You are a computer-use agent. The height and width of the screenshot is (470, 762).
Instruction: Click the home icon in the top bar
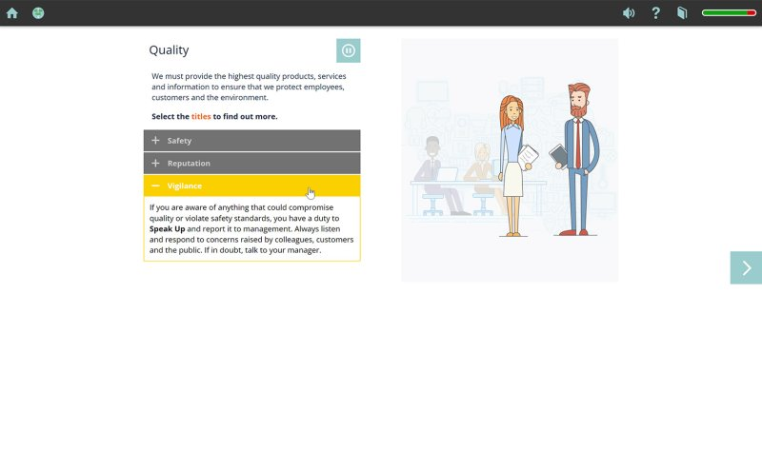[12, 13]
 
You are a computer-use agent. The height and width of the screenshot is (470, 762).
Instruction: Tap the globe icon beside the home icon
[38, 13]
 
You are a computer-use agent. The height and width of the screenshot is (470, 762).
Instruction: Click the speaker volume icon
[629, 13]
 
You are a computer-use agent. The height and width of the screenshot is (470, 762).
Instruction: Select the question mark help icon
[655, 13]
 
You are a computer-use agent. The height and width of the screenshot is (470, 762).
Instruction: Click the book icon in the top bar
[682, 13]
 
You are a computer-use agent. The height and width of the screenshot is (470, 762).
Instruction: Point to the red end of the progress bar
[752, 13]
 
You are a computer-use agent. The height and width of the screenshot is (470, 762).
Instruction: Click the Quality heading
[169, 50]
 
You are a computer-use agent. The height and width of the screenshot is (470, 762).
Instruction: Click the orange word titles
[201, 116]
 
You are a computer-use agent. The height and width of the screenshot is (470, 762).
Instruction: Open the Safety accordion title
[179, 141]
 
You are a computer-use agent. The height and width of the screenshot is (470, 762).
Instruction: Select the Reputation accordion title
[189, 163]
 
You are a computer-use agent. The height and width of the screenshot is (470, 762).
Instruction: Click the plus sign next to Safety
[155, 140]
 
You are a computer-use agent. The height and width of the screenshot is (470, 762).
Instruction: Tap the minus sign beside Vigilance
[155, 186]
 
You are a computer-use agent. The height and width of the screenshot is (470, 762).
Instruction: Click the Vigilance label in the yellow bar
[184, 186]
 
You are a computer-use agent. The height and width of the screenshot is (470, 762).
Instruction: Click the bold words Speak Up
[168, 229]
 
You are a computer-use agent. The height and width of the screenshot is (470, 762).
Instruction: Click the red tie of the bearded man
[578, 144]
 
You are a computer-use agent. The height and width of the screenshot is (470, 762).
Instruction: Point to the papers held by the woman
[529, 156]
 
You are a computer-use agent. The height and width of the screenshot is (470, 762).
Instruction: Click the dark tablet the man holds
[559, 155]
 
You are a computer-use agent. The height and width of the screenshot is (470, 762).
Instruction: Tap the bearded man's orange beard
[578, 111]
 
